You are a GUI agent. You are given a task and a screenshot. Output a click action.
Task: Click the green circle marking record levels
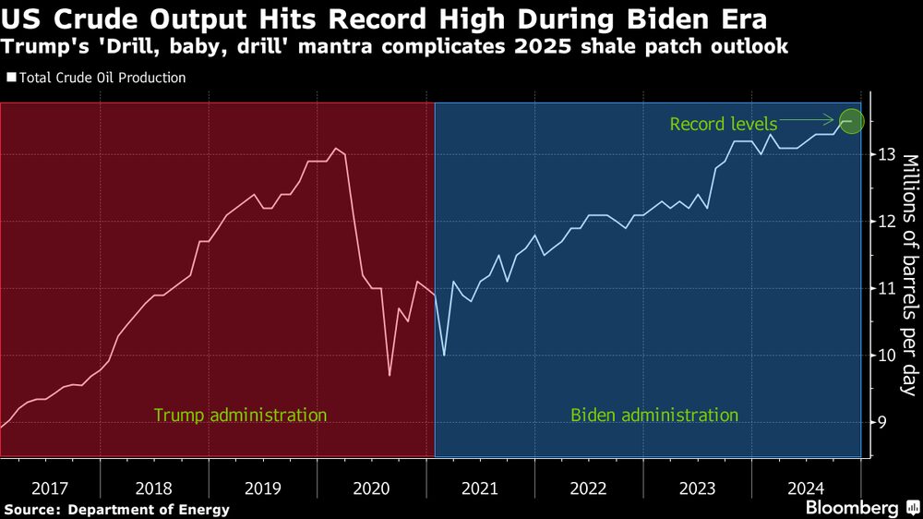(852, 120)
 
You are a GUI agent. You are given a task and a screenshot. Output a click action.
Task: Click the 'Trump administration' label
(240, 415)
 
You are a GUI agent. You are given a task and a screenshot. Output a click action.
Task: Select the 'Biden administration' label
(654, 415)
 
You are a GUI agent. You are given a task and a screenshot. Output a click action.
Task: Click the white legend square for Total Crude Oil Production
(11, 78)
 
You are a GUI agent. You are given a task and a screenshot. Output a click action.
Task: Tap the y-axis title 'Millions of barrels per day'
(908, 275)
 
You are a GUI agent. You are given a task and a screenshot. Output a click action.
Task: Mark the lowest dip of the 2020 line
(390, 375)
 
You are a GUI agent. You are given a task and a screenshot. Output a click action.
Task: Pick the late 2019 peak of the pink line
(337, 148)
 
